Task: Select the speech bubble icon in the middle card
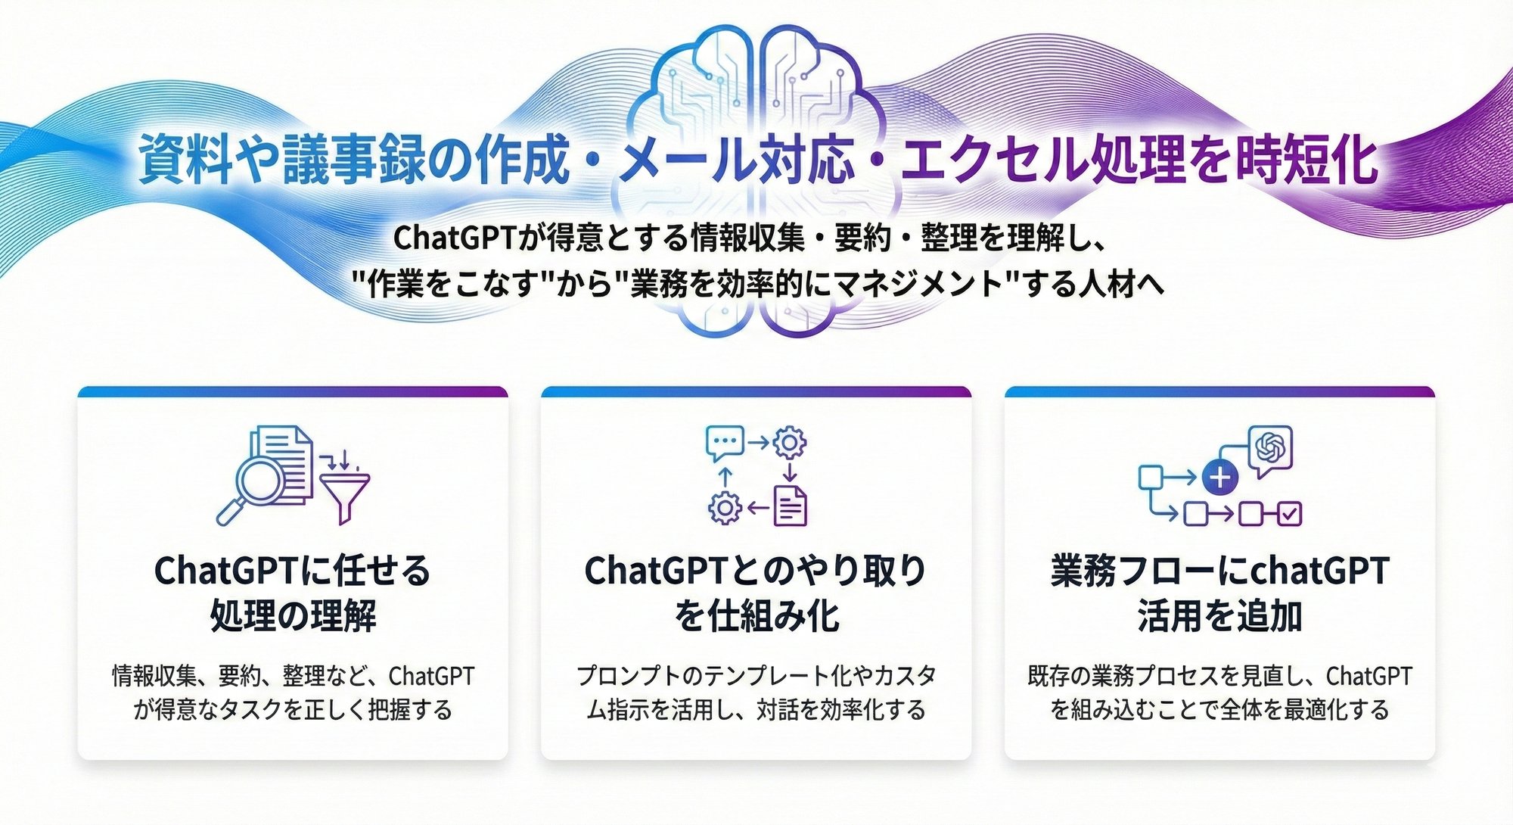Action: coord(725,444)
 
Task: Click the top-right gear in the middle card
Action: coord(790,442)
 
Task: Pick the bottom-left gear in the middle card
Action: coord(725,507)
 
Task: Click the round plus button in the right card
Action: coord(1219,478)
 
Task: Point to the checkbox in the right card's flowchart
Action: coord(1289,514)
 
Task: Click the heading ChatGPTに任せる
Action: coord(292,571)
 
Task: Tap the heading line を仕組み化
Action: coord(756,615)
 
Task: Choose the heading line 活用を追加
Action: coord(1219,615)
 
